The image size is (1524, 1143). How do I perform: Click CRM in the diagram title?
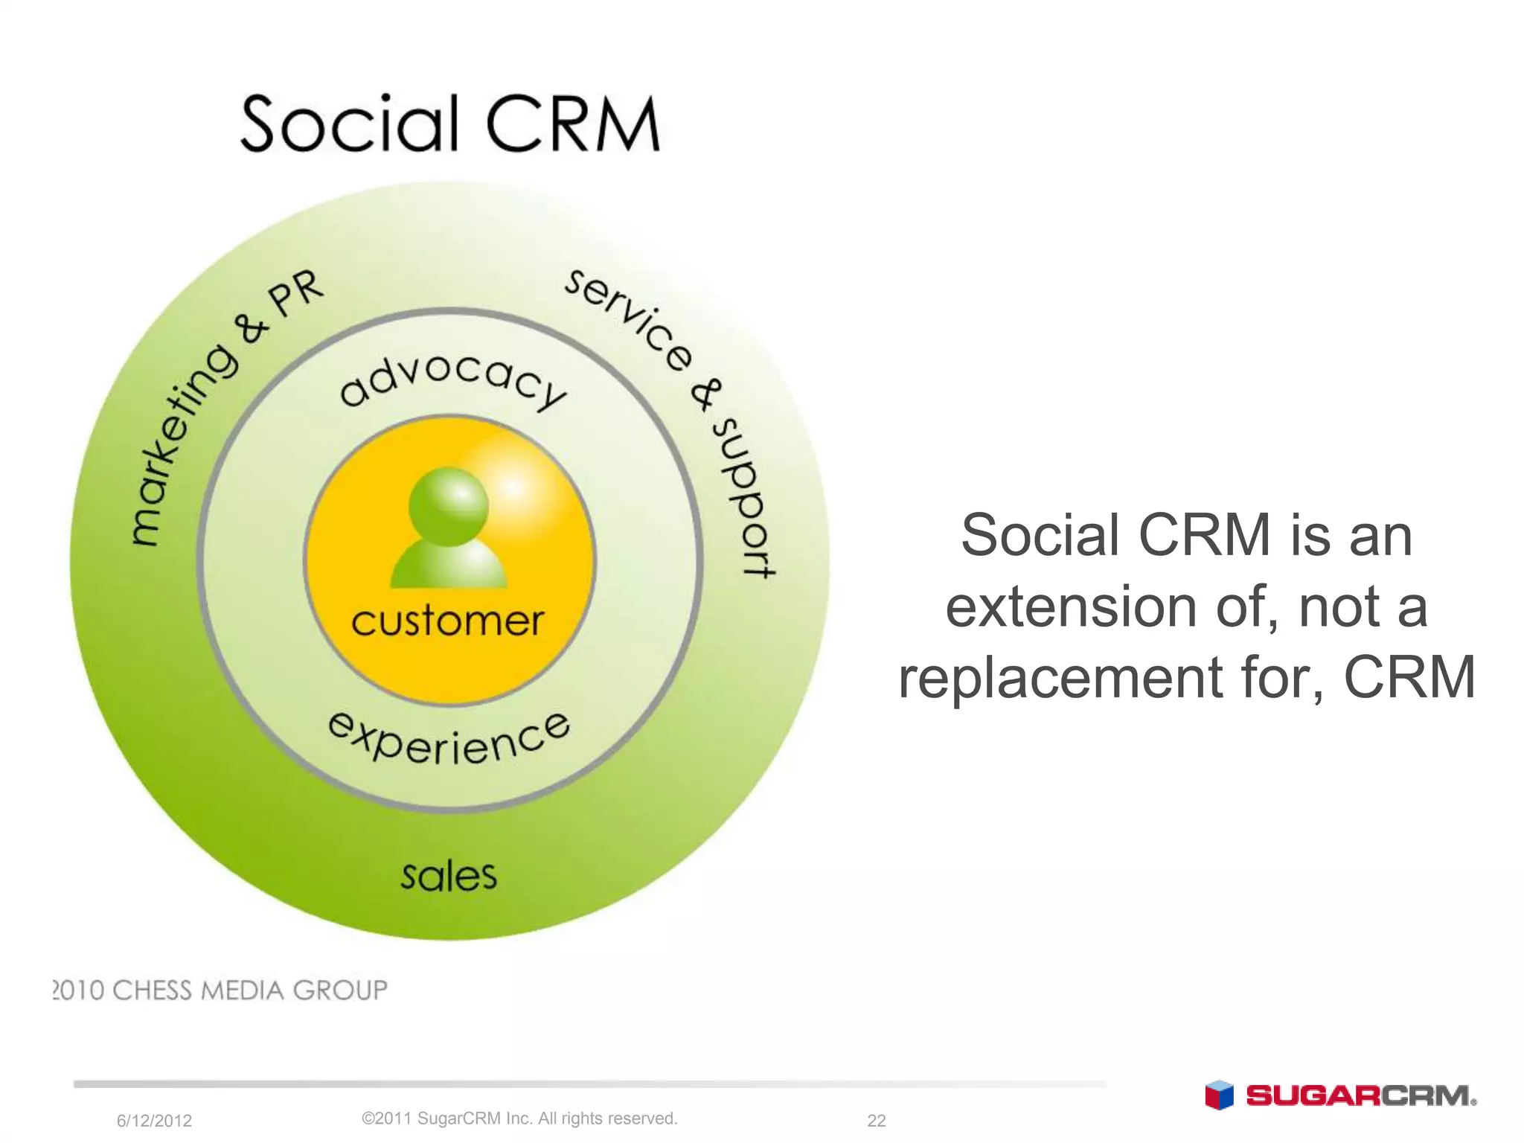[573, 124]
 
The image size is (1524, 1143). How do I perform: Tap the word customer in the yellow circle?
[447, 621]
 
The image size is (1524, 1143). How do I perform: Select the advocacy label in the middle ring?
[452, 380]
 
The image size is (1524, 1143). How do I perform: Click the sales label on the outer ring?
[449, 875]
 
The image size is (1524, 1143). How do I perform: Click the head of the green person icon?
[449, 507]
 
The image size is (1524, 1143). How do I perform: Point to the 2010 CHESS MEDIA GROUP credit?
[220, 990]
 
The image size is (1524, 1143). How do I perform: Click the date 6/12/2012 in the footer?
[154, 1121]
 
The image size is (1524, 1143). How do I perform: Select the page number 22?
[877, 1121]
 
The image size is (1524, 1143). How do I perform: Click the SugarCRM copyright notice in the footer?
[519, 1118]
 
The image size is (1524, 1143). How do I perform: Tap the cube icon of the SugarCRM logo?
[1219, 1095]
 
